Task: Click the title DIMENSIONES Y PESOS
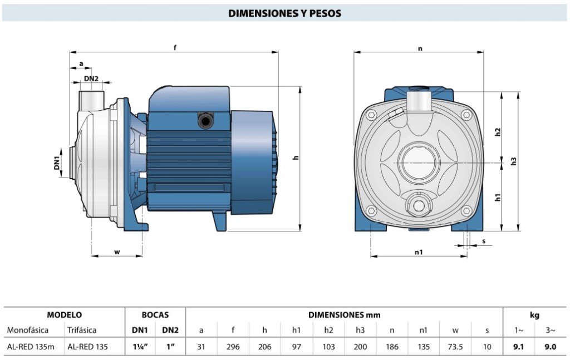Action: point(284,13)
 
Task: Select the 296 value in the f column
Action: point(233,346)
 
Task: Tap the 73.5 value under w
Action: point(455,346)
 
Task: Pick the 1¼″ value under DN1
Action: point(139,346)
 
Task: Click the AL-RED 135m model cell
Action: point(31,346)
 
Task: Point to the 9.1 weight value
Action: point(519,346)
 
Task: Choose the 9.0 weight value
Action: point(550,346)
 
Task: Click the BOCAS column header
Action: point(155,315)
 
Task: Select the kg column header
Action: point(534,315)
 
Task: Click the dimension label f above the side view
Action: point(175,47)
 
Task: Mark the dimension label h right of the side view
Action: point(296,157)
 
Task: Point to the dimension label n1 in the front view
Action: point(419,252)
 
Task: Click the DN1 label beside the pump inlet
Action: point(57,163)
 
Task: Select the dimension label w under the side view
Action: point(117,252)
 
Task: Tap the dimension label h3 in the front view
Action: point(514,160)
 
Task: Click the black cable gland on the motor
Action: point(206,120)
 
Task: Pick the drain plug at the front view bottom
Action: point(419,206)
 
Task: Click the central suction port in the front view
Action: point(421,162)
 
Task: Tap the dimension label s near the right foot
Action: point(484,241)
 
